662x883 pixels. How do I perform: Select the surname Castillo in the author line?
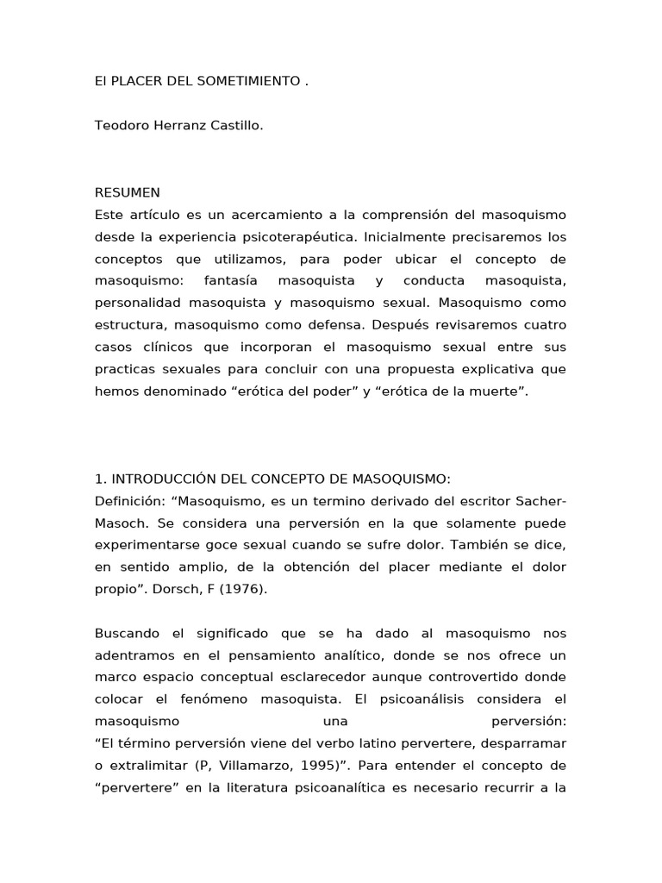[x=233, y=126]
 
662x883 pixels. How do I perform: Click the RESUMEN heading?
[x=127, y=192]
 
